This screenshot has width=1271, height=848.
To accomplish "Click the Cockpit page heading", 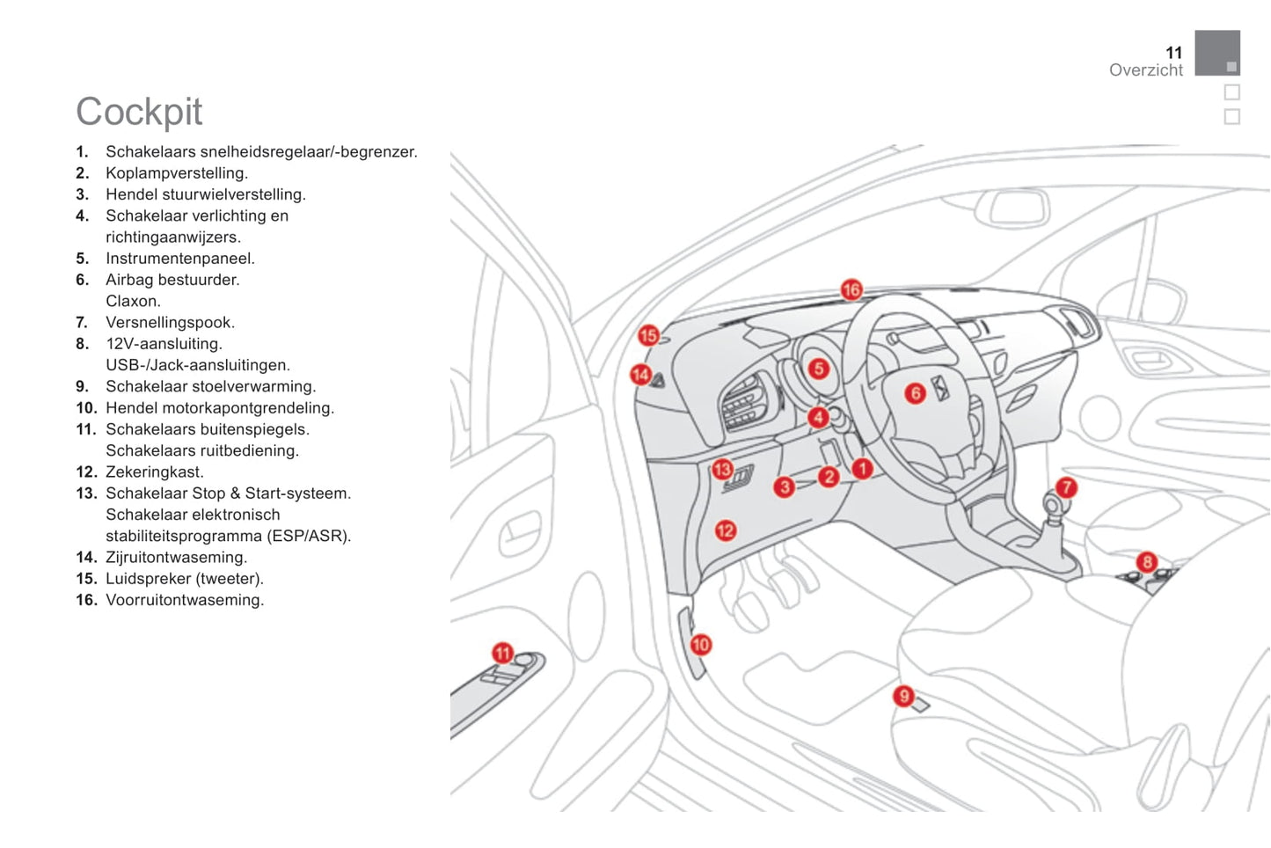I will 139,112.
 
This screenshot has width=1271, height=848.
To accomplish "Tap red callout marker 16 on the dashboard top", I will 851,289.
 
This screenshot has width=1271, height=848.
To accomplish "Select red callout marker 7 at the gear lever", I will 1066,486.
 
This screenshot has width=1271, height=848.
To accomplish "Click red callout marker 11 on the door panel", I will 502,653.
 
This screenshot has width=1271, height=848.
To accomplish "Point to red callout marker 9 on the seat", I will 903,696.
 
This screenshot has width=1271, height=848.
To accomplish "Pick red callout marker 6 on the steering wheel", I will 916,393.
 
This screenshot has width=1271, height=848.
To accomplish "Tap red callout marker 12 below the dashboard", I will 725,530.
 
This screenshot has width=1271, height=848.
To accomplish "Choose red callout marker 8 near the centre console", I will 1147,561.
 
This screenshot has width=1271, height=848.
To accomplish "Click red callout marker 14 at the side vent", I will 640,375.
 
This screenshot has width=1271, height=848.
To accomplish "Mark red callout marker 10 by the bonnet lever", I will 700,645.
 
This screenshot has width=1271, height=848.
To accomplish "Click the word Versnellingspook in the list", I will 170,323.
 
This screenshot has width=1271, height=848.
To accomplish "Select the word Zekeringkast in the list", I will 154,472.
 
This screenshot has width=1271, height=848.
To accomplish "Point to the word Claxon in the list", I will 133,301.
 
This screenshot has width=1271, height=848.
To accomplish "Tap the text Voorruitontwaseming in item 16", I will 185,600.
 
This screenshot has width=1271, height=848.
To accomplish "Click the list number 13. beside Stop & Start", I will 86,493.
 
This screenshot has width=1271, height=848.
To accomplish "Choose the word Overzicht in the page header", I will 1145,70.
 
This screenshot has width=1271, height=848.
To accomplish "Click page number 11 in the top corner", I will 1173,53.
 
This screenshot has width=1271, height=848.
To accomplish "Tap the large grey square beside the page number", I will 1216,53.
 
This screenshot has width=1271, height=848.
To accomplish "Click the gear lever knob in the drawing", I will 1052,504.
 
